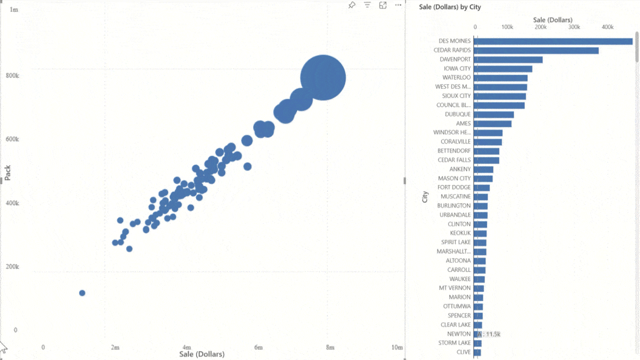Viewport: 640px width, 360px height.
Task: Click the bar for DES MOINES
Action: tap(552, 41)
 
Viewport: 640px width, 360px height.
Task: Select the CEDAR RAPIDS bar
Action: tap(535, 50)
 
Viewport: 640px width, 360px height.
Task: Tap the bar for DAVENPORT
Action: tap(507, 59)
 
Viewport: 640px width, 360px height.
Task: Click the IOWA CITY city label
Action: tap(457, 68)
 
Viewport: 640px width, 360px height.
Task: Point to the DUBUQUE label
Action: tap(457, 114)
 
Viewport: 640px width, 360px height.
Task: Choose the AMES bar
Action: tap(492, 123)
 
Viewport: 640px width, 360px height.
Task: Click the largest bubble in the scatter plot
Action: tap(323, 77)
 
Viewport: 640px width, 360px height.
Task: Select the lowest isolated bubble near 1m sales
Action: tap(82, 293)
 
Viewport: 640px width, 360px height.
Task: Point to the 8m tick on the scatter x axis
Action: tap(330, 347)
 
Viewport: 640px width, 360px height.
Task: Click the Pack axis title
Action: tap(7, 173)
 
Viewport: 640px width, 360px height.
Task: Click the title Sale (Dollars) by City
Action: tap(449, 7)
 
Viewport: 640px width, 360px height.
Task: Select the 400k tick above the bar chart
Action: tap(607, 27)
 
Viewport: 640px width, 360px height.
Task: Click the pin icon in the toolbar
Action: tap(352, 5)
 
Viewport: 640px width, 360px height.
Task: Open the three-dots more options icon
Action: tap(398, 5)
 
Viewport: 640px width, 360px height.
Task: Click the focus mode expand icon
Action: tap(383, 5)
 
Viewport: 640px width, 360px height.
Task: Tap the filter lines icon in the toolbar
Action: tap(367, 5)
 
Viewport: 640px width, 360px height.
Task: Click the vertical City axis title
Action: tap(425, 196)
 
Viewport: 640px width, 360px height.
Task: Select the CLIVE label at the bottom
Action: tap(463, 352)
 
